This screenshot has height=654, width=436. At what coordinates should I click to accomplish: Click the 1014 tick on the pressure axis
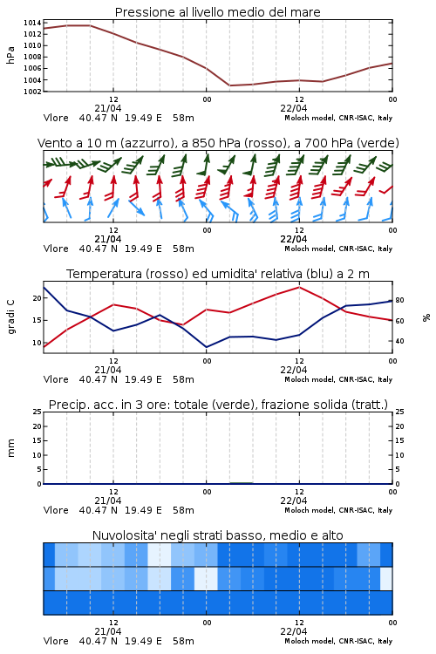(x=32, y=23)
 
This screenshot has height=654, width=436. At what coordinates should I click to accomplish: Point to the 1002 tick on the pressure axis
(x=32, y=92)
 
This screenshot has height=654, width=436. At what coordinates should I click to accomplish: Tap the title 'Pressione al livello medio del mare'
(x=218, y=12)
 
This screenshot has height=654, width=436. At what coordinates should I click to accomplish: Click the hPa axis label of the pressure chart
(x=10, y=55)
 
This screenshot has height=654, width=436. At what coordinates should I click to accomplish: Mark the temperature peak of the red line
(x=299, y=287)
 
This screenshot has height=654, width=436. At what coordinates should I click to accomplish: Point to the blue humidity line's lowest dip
(x=206, y=347)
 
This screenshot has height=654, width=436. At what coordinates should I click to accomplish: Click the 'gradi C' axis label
(x=11, y=317)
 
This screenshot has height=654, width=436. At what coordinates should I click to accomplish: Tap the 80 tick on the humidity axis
(x=399, y=300)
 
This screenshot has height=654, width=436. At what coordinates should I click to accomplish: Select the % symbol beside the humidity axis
(x=426, y=317)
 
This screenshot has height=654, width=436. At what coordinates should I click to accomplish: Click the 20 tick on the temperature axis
(x=37, y=298)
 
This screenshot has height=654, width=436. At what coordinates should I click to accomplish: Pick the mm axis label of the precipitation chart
(x=10, y=448)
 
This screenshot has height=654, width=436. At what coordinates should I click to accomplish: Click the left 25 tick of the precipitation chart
(x=37, y=412)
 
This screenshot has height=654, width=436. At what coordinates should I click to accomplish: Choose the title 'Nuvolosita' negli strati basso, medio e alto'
(x=218, y=535)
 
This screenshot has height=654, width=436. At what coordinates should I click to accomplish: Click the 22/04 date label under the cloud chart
(x=294, y=631)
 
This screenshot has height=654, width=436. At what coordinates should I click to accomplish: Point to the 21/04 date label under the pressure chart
(x=108, y=108)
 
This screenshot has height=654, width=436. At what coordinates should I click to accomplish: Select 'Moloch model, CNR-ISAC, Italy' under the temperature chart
(x=338, y=379)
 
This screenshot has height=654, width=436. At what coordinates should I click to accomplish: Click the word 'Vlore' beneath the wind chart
(x=56, y=249)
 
